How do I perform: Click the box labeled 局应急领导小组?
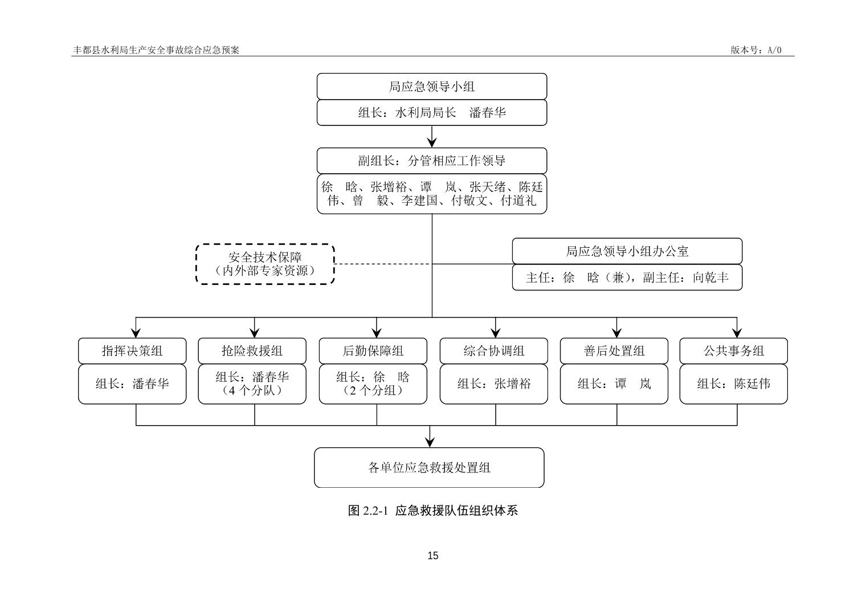click(x=431, y=87)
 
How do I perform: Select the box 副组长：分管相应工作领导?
click(x=431, y=161)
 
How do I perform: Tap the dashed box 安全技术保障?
click(x=265, y=264)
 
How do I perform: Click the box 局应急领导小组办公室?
click(x=627, y=251)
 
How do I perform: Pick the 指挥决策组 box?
click(x=132, y=351)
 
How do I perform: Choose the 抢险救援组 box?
click(x=252, y=351)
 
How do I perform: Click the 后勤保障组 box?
click(x=373, y=351)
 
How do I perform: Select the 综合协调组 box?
click(x=493, y=351)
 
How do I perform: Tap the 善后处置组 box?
click(x=614, y=351)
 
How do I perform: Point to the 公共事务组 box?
click(x=733, y=351)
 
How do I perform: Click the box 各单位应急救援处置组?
click(x=429, y=468)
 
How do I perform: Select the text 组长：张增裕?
click(x=493, y=384)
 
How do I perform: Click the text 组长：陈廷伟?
click(x=733, y=384)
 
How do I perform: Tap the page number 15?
click(x=432, y=556)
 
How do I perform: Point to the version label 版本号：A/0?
click(x=756, y=50)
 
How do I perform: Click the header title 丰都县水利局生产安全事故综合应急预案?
click(x=156, y=50)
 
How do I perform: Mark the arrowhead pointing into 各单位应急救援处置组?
click(x=430, y=442)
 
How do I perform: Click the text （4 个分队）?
click(x=252, y=391)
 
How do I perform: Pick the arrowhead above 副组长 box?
click(x=432, y=142)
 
